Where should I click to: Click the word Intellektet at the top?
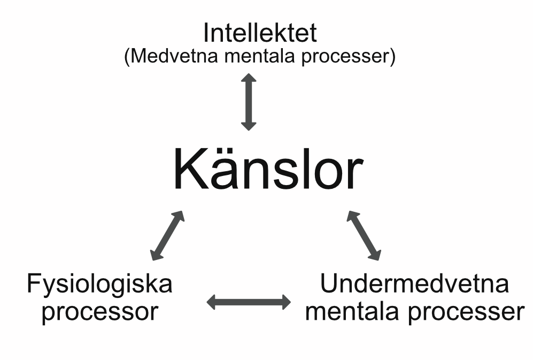coord(260,33)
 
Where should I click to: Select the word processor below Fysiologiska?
coord(100,312)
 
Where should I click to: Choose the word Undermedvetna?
coord(414,284)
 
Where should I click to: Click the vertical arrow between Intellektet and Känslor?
coord(249,102)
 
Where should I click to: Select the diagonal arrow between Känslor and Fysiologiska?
coord(167,235)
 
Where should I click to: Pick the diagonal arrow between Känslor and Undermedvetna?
coord(364,235)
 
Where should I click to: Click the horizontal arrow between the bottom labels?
coord(249,302)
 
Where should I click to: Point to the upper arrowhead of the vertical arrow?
coord(249,78)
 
